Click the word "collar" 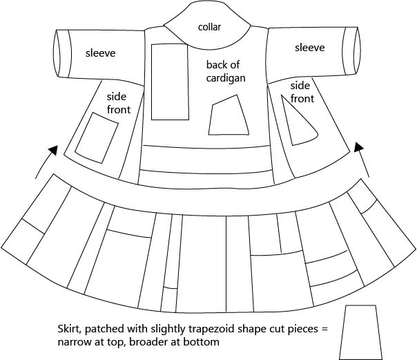pyautogui.click(x=209, y=27)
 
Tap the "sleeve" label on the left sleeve pyautogui.click(x=100, y=53)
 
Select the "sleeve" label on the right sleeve pyautogui.click(x=309, y=48)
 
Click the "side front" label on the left pyautogui.click(x=117, y=104)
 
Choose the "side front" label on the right pyautogui.click(x=301, y=92)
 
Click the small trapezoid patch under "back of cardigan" pyautogui.click(x=229, y=116)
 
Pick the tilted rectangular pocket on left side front pyautogui.click(x=97, y=136)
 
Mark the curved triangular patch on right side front pyautogui.click(x=297, y=122)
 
